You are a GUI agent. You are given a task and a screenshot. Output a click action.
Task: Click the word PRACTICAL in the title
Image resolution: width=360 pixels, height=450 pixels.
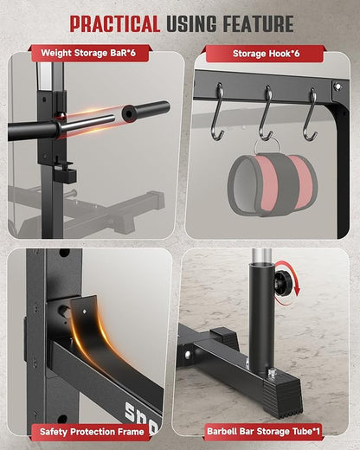coord(115,23)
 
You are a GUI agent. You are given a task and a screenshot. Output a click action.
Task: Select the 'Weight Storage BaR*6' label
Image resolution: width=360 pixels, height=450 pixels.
coord(88,53)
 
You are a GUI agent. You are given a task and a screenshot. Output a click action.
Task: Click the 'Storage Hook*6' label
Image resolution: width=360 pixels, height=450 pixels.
coord(267,54)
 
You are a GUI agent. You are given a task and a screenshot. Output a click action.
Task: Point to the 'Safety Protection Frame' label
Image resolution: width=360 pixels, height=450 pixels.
coord(92,432)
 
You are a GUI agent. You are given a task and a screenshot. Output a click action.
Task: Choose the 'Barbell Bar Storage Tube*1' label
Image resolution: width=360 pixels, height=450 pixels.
coord(264,432)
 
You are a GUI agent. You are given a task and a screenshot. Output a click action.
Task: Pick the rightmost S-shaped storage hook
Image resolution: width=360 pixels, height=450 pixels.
coord(311,114)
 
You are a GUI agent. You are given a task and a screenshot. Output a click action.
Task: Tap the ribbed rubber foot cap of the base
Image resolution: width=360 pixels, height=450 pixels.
coord(283,400)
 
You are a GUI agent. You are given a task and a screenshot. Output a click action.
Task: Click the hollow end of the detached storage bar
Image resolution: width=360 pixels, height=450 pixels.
coord(128,113)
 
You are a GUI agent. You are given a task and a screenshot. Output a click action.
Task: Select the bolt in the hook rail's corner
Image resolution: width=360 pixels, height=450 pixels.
coord(337,87)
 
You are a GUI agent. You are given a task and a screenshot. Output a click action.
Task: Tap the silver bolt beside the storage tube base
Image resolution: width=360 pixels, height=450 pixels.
coord(272,373)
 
